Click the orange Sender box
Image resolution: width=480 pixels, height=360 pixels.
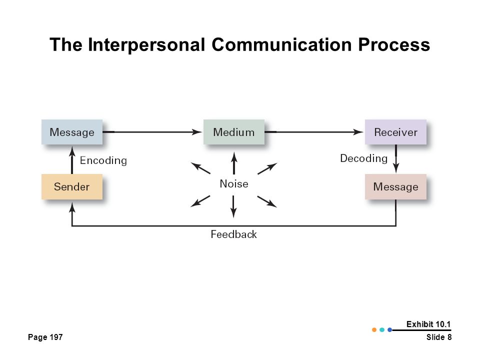[x=72, y=186]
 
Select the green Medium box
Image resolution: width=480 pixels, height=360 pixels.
[x=234, y=132]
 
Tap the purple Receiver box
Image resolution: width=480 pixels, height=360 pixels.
[x=395, y=132]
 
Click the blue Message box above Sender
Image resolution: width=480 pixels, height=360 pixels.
[x=72, y=132]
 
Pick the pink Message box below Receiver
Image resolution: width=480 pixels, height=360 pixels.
[x=395, y=186]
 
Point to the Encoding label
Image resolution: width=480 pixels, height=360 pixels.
[x=103, y=160]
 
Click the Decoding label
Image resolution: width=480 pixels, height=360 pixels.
[x=363, y=158]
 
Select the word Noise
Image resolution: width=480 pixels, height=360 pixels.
[x=234, y=183]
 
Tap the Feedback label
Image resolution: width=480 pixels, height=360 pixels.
[x=234, y=234]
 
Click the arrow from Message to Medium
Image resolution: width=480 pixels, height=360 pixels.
[x=152, y=132]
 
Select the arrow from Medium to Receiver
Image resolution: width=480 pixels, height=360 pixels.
[x=314, y=132]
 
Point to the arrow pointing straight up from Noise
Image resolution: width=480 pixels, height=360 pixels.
[x=234, y=163]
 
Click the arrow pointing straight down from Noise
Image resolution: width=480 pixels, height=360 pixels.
[x=233, y=206]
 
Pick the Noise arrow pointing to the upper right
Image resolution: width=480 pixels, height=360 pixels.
[x=267, y=168]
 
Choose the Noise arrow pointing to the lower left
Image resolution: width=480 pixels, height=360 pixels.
[x=200, y=201]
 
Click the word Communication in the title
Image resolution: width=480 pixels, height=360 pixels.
[x=281, y=44]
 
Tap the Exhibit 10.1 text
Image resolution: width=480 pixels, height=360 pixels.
[x=428, y=324]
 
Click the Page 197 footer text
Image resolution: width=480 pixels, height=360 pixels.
[x=45, y=337]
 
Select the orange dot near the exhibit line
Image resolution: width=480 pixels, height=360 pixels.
[x=374, y=329]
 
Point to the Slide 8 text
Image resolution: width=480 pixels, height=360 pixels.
[x=439, y=337]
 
